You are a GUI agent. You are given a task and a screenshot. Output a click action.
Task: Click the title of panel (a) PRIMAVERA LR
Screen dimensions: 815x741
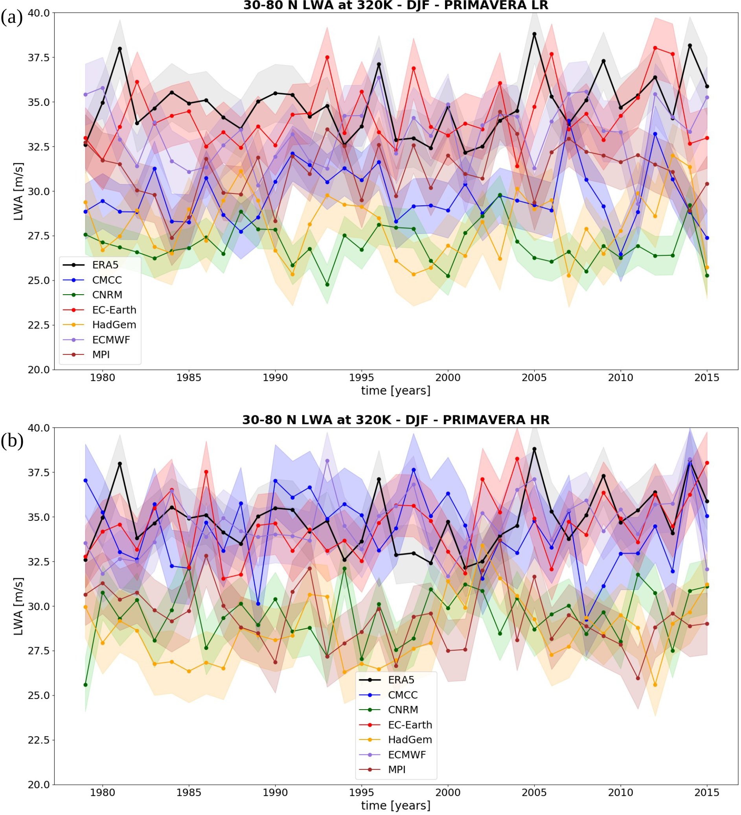point(395,6)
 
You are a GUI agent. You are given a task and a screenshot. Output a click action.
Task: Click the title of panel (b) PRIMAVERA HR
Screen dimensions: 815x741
point(395,420)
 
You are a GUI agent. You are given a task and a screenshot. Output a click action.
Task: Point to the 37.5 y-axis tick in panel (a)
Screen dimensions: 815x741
point(39,58)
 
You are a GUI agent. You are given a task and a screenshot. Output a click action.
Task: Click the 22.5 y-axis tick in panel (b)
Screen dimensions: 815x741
point(39,740)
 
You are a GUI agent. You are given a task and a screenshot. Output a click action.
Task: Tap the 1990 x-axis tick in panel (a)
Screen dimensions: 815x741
point(275,378)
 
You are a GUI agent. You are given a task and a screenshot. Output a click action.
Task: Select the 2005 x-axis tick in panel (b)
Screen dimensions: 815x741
point(534,793)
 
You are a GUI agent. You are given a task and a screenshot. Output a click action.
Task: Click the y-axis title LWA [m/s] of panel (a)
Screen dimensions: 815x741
point(18,191)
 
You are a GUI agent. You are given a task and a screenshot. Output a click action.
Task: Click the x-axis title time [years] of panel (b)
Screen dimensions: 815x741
point(395,805)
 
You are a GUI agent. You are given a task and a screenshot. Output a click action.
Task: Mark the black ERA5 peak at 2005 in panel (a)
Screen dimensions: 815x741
point(534,34)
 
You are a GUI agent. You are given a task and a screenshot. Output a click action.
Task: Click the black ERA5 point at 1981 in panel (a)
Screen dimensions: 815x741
point(120,49)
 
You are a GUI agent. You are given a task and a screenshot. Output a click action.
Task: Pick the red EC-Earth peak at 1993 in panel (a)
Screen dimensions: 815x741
point(327,57)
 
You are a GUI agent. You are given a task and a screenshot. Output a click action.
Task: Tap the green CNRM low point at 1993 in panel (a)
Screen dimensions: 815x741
point(327,285)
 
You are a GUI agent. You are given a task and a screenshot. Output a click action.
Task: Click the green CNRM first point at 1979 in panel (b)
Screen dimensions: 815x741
point(86,685)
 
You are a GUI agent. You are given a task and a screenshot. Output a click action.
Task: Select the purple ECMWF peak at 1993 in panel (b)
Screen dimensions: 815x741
point(327,461)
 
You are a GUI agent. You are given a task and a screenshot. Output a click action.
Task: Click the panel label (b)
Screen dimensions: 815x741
point(12,440)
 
